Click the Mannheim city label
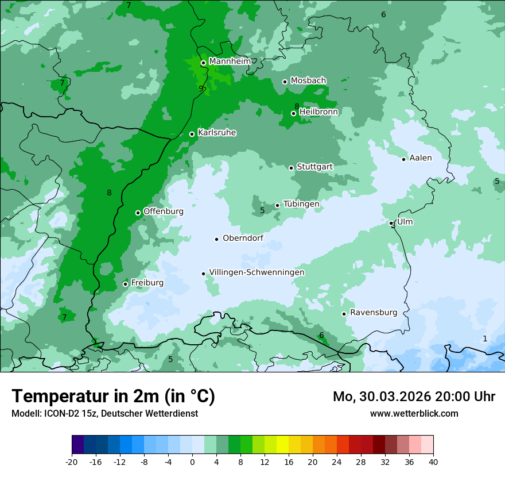coord(230,61)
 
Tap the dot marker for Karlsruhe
coord(192,134)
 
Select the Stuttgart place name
coord(314,167)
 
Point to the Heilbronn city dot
coord(293,113)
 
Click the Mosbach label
coord(308,81)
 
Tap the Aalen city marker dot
coord(403,159)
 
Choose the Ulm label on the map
coord(405,222)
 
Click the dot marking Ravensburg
coord(344,314)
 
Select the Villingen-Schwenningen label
coord(257,272)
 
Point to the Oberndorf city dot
coord(216,239)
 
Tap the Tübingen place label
coord(301,204)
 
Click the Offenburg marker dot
coord(138,213)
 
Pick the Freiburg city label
coord(147,283)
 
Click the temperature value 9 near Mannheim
coord(201,89)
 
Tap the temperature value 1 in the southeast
coord(485,338)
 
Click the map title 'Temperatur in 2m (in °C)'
coord(114,397)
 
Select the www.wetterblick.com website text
coord(414,413)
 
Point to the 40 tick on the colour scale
coord(433,461)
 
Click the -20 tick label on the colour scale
coord(72,461)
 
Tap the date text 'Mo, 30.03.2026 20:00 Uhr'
coord(414,397)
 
